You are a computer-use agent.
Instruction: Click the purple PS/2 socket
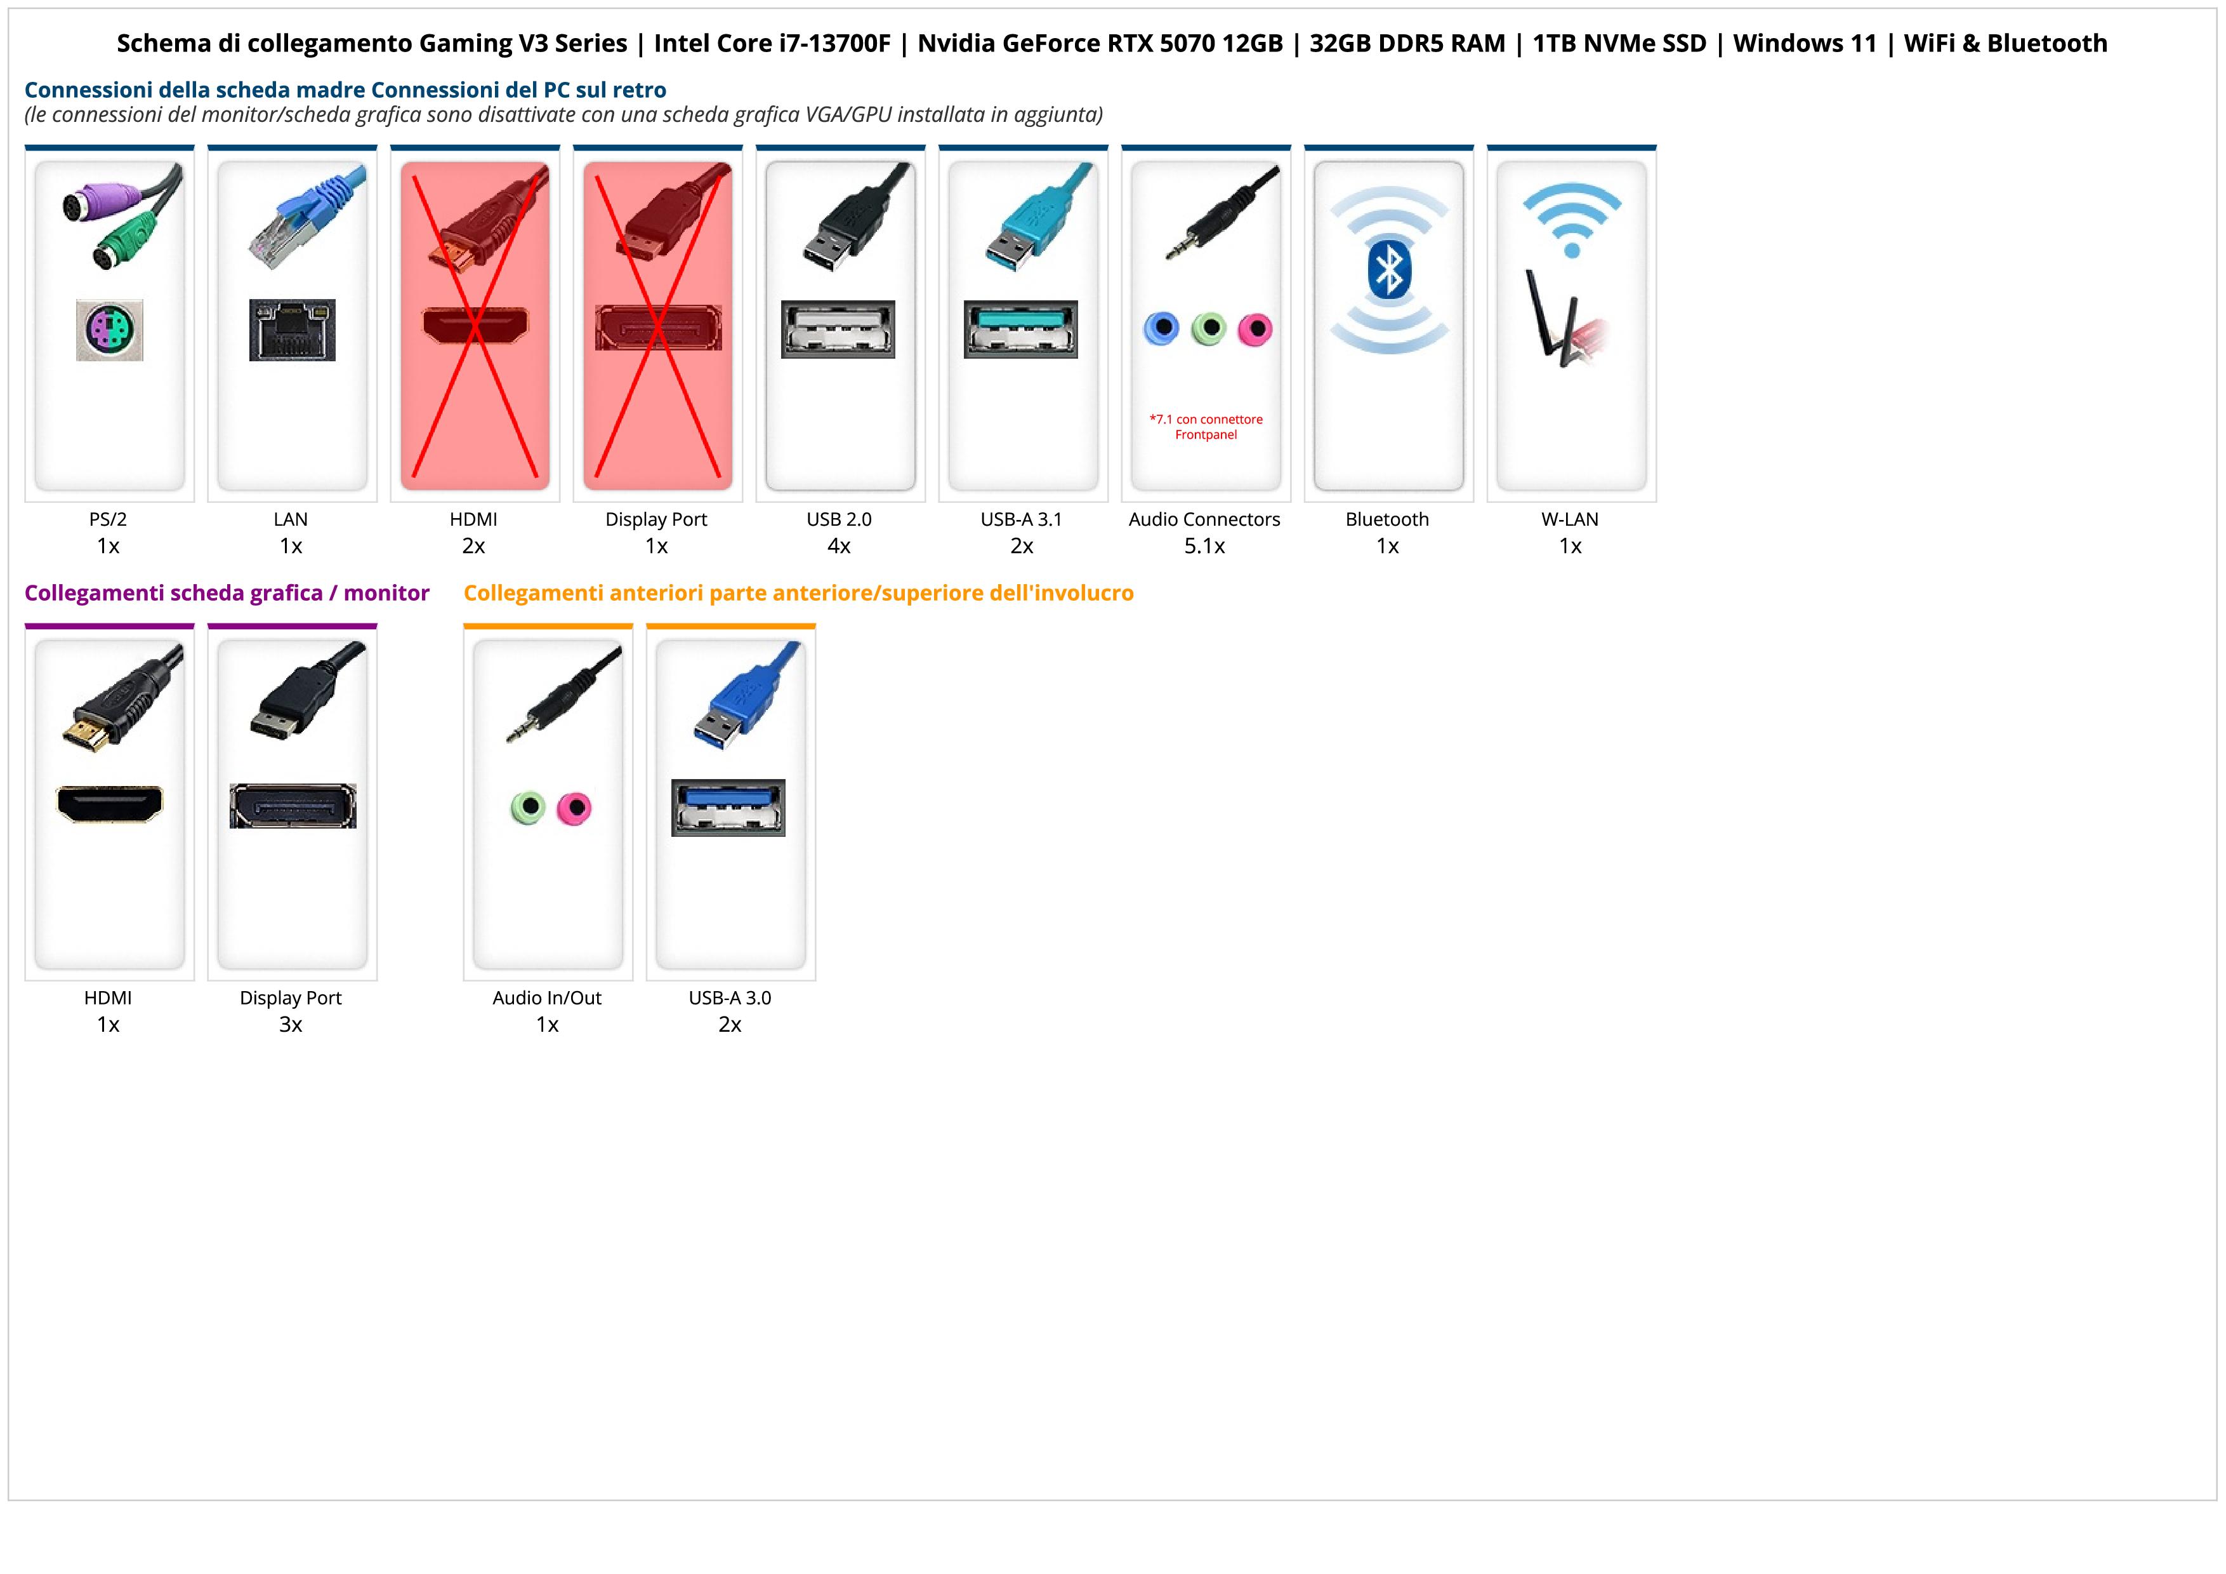pyautogui.click(x=110, y=331)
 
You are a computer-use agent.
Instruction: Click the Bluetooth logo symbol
pyautogui.click(x=1388, y=270)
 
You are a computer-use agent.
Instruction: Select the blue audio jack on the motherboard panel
pyautogui.click(x=1161, y=329)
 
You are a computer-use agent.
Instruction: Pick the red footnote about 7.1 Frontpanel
pyautogui.click(x=1206, y=427)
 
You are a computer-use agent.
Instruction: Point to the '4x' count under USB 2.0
pyautogui.click(x=839, y=546)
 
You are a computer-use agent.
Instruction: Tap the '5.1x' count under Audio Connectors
pyautogui.click(x=1204, y=546)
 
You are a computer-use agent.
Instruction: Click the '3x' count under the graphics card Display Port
pyautogui.click(x=291, y=1024)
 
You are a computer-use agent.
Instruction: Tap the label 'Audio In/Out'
pyautogui.click(x=547, y=998)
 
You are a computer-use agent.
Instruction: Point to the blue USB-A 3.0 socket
pyautogui.click(x=728, y=807)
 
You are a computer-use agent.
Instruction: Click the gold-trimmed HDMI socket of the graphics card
pyautogui.click(x=110, y=803)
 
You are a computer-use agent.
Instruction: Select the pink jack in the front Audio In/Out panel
pyautogui.click(x=574, y=808)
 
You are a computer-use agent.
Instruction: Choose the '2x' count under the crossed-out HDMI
pyautogui.click(x=473, y=546)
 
